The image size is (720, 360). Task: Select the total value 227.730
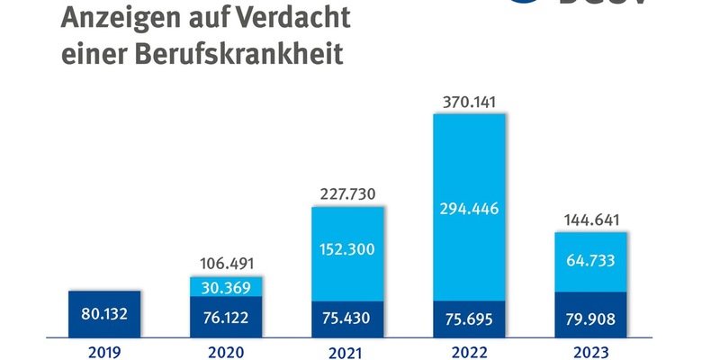click(x=346, y=193)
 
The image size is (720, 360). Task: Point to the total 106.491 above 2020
click(x=225, y=264)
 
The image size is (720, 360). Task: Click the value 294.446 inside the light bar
click(x=469, y=209)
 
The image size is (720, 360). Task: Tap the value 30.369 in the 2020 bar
click(x=225, y=287)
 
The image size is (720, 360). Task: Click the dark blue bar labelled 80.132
click(x=104, y=314)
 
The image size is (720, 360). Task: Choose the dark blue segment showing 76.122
click(x=225, y=318)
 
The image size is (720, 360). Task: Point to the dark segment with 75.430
click(x=347, y=319)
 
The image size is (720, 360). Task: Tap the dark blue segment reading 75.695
click(x=469, y=319)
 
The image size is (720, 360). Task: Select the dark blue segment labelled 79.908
click(x=590, y=315)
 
